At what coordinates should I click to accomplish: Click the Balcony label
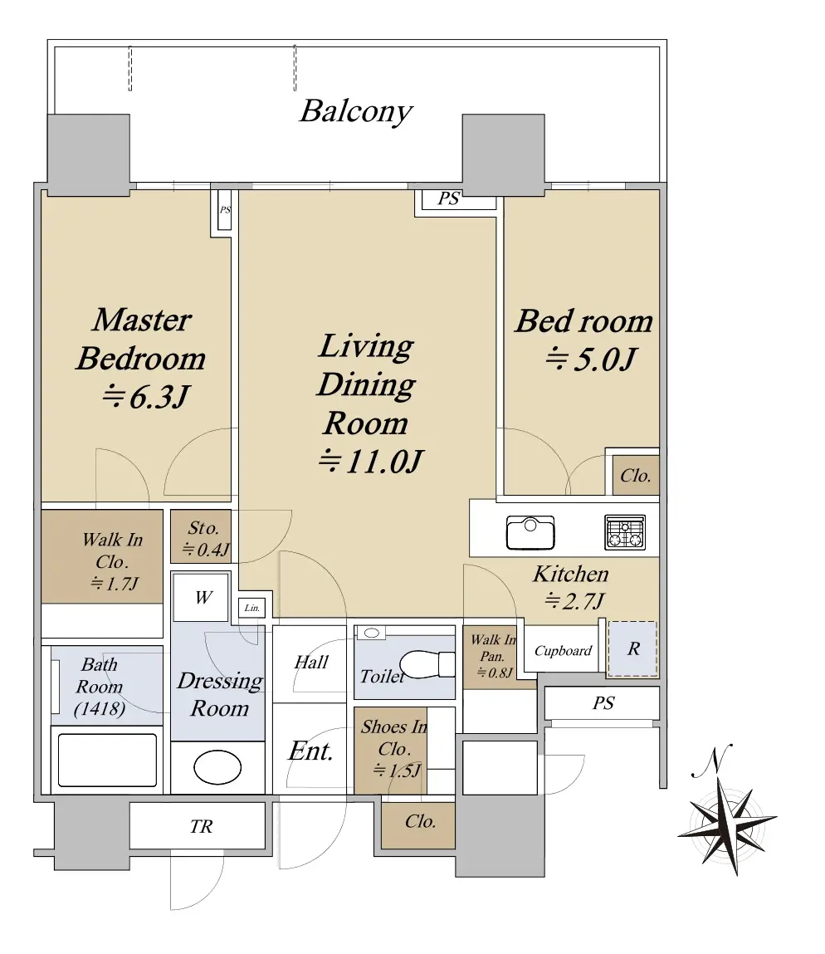(x=356, y=112)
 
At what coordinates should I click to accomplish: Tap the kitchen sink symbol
(x=530, y=532)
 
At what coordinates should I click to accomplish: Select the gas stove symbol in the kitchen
(x=625, y=532)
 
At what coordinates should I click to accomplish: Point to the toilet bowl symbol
(x=427, y=663)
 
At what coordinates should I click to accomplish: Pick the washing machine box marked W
(x=201, y=597)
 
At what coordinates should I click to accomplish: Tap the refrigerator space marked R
(x=632, y=648)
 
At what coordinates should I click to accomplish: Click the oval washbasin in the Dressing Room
(x=217, y=766)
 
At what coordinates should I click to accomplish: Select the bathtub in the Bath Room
(x=107, y=760)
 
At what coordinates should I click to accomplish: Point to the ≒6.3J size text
(x=145, y=398)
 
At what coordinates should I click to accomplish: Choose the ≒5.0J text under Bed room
(x=590, y=359)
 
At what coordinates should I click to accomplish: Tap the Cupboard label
(x=563, y=651)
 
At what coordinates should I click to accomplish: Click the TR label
(x=202, y=826)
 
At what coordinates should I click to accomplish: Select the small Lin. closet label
(x=251, y=608)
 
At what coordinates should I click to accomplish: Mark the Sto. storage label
(x=203, y=528)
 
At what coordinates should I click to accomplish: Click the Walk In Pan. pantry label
(x=493, y=648)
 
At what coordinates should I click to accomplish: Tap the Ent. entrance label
(x=310, y=751)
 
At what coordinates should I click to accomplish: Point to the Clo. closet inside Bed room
(x=636, y=475)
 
